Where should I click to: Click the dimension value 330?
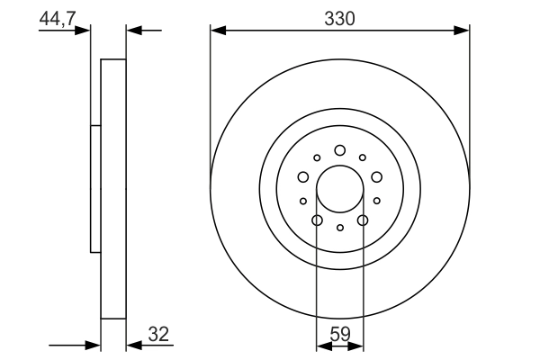[x=339, y=17]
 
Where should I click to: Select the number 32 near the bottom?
[x=158, y=335]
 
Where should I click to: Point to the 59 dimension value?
[x=340, y=335]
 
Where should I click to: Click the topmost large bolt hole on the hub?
[x=339, y=150]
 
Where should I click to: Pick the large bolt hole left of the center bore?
[x=303, y=177]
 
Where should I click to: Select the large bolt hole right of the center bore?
[x=376, y=177]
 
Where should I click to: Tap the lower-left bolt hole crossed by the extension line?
[x=317, y=220]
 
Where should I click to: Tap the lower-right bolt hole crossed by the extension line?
[x=363, y=220]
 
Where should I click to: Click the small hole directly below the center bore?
[x=339, y=228]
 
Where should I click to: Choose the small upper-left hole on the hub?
[x=317, y=157]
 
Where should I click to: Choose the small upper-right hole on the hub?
[x=363, y=157]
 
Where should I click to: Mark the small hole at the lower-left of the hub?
[x=302, y=201]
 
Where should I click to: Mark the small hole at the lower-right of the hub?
[x=377, y=201]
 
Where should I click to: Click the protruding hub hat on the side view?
[x=95, y=189]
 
